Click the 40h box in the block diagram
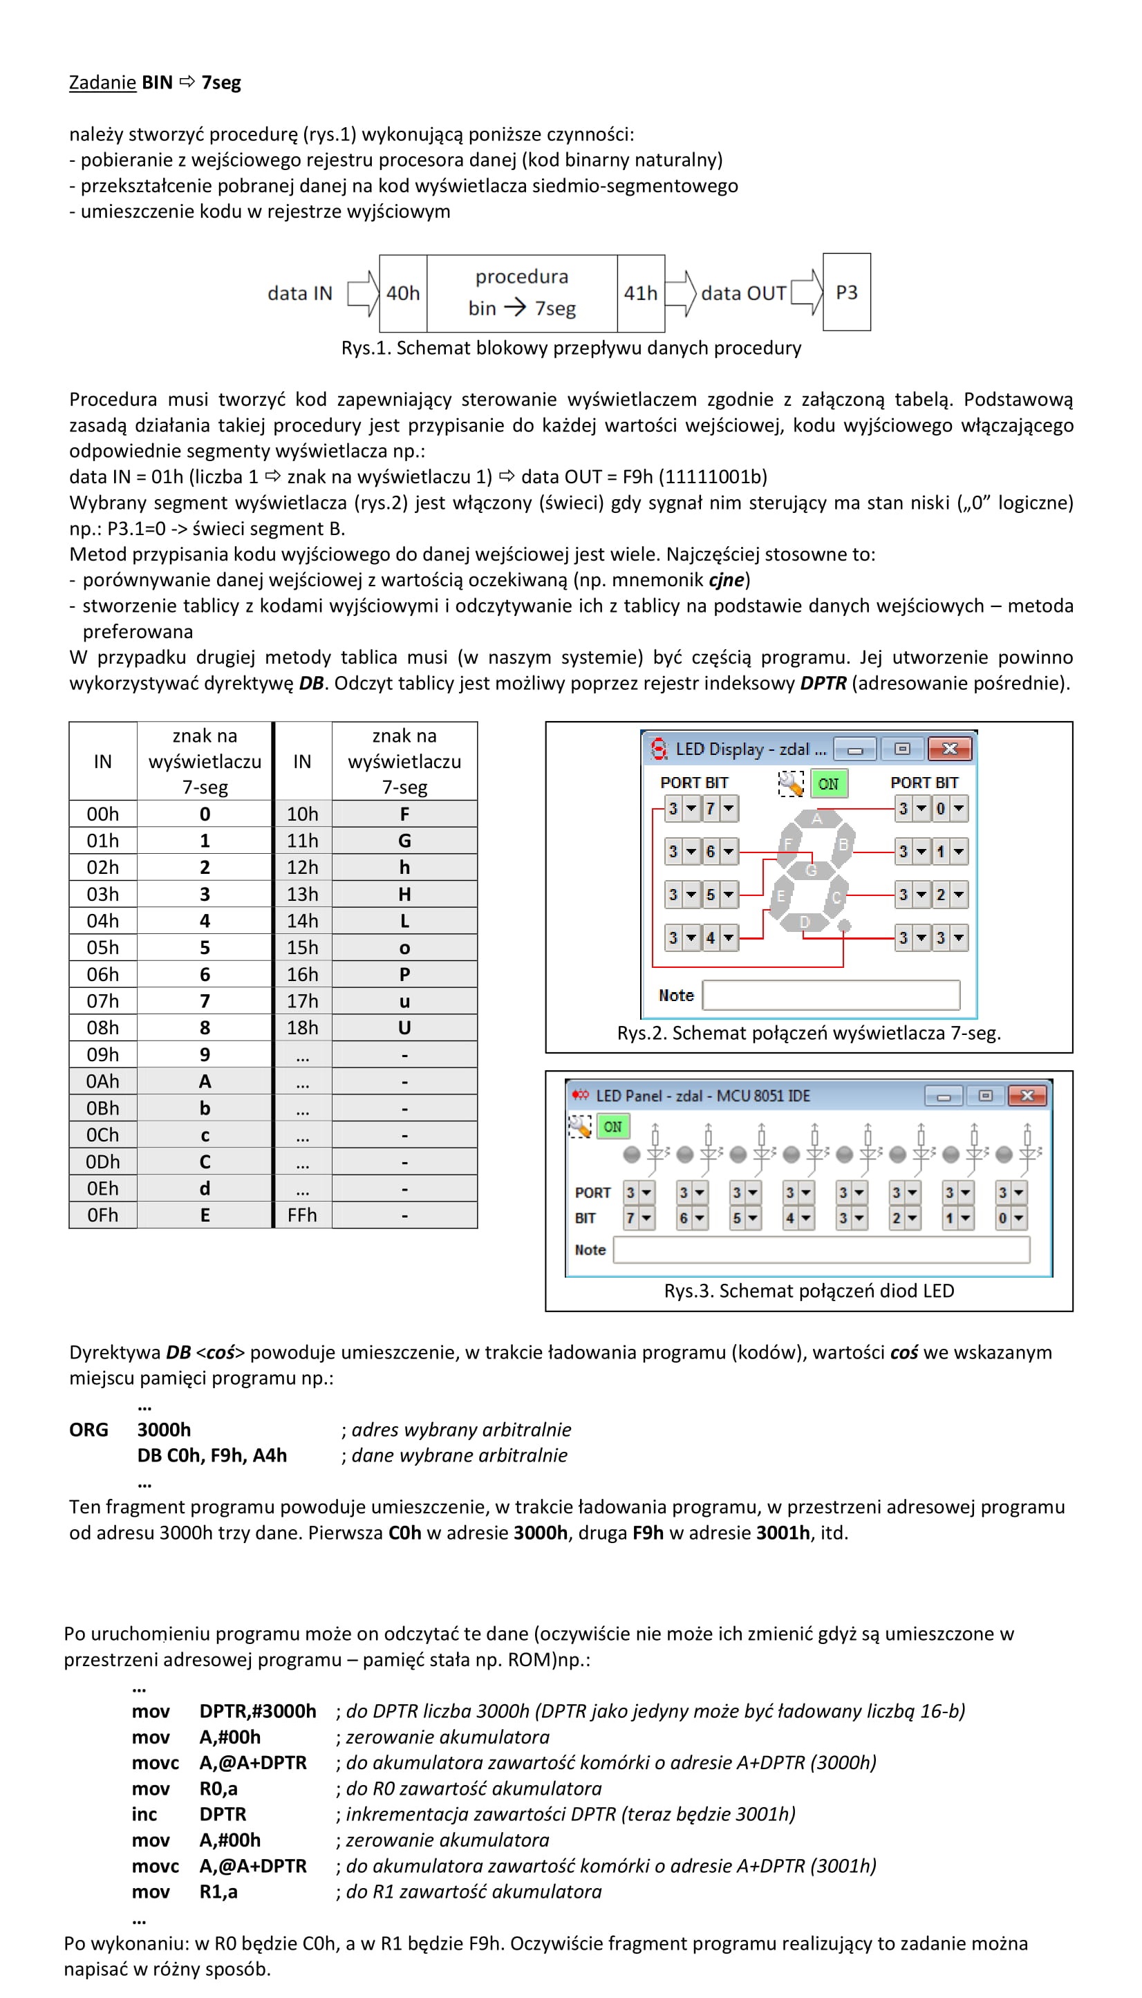click(403, 292)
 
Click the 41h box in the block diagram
click(641, 292)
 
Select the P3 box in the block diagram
click(846, 292)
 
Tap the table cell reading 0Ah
click(103, 1081)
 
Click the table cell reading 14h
click(302, 920)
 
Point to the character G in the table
click(404, 840)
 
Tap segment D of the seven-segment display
click(805, 922)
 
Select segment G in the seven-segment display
click(811, 870)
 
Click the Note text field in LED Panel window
click(821, 1250)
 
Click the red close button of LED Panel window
click(1027, 1095)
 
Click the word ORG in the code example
click(88, 1429)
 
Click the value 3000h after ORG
click(164, 1429)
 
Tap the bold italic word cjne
click(726, 580)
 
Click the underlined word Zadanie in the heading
click(102, 82)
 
